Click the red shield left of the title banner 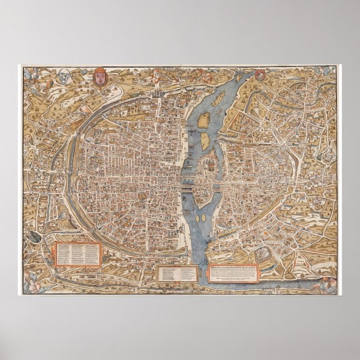coord(101,74)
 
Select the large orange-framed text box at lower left coord(77,255)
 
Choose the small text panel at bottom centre coord(177,273)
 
